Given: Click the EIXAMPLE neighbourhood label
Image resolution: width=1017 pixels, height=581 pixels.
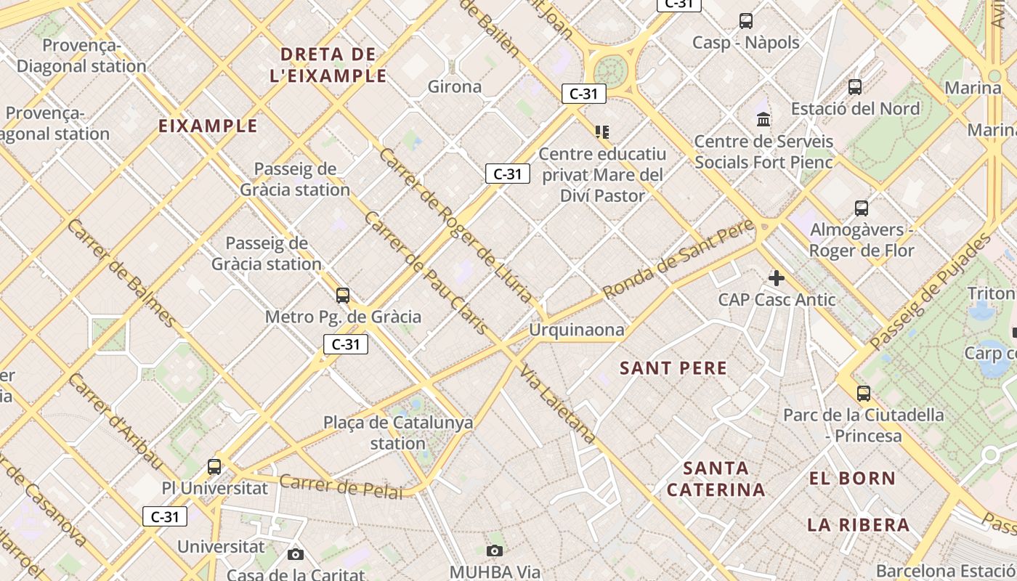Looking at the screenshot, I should pos(208,126).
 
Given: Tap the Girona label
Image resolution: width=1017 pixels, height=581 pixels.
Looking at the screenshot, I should pos(455,87).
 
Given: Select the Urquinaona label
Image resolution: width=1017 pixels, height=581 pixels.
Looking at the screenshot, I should pos(576,330).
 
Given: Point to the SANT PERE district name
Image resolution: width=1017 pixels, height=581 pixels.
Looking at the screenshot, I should pos(673,368).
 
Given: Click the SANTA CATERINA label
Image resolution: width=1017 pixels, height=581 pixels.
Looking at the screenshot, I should pos(716,479).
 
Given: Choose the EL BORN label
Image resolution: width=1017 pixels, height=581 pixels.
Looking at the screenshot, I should pos(852,479).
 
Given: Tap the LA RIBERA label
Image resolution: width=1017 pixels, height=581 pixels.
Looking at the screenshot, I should pos(858,525).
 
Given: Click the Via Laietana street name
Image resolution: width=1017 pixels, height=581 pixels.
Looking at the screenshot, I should pos(558,405).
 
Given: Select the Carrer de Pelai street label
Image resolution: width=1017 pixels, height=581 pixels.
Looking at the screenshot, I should pos(341,487).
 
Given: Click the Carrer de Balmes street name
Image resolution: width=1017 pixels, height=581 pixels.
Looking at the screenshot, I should pos(121,272).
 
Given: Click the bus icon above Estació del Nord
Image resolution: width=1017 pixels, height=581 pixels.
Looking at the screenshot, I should pos(855,87).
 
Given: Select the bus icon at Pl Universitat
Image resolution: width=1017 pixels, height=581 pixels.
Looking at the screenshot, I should pos(214,466).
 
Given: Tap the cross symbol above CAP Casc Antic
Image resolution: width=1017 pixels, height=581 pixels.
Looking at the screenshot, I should pos(777,277).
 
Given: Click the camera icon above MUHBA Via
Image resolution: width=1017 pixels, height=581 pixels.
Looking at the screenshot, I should pos(495,550).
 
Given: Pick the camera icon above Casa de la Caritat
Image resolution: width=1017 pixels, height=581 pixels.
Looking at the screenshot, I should pos(296,554).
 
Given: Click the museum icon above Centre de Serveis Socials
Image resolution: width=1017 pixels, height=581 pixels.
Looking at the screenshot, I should pos(763,119).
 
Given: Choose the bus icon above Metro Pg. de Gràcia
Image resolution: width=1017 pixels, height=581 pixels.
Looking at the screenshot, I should pos(343,295).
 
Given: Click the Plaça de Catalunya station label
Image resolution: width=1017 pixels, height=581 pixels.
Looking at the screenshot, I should pos(398,433).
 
